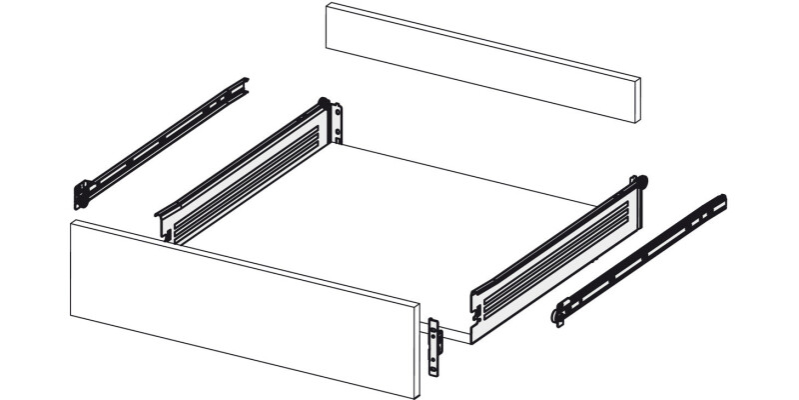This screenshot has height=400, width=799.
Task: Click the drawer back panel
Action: point(479,60)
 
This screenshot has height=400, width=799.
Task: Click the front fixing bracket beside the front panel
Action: point(434,345)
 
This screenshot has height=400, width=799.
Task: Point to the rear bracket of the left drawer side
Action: point(339,122)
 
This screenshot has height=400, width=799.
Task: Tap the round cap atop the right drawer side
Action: point(642,183)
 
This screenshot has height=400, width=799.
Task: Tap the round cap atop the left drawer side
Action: point(324,100)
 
